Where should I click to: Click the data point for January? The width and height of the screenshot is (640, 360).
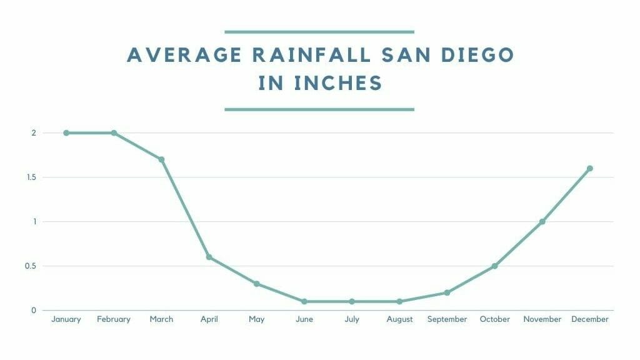pyautogui.click(x=66, y=132)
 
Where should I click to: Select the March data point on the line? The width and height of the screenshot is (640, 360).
pyautogui.click(x=161, y=159)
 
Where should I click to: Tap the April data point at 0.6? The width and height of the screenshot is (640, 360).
pyautogui.click(x=209, y=257)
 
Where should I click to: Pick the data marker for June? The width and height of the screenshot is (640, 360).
pyautogui.click(x=304, y=301)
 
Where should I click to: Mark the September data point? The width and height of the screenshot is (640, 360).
pyautogui.click(x=447, y=292)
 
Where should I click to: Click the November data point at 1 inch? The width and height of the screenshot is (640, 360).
pyautogui.click(x=542, y=221)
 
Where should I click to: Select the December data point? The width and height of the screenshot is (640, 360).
pyautogui.click(x=589, y=168)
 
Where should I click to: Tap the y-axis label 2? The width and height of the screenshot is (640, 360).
pyautogui.click(x=34, y=132)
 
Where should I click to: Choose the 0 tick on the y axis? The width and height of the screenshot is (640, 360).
pyautogui.click(x=34, y=310)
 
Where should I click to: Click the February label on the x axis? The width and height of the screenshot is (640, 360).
pyautogui.click(x=114, y=319)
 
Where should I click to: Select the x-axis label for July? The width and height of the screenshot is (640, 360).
pyautogui.click(x=352, y=319)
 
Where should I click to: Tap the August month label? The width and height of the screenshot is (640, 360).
pyautogui.click(x=399, y=319)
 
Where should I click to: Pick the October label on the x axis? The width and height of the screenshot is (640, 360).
pyautogui.click(x=494, y=319)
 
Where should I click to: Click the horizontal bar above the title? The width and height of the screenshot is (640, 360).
pyautogui.click(x=319, y=31)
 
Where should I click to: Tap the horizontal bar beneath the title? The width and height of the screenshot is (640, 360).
pyautogui.click(x=319, y=109)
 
